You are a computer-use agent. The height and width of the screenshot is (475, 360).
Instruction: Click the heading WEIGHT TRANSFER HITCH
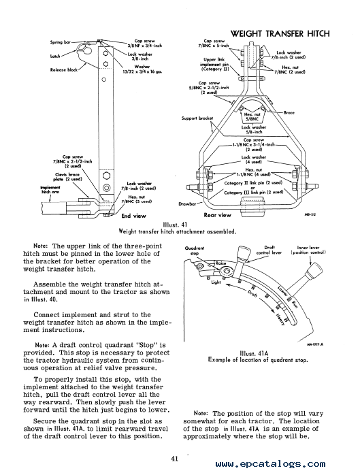[x=280, y=33]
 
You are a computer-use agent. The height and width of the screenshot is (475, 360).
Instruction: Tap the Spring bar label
[x=60, y=42]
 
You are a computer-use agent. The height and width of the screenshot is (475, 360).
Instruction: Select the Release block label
[x=64, y=69]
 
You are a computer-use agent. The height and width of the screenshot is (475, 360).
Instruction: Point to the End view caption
[x=133, y=216]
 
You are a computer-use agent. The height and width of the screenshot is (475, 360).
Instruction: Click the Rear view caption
[x=217, y=215]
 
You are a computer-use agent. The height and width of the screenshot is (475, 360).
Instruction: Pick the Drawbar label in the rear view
[x=187, y=204]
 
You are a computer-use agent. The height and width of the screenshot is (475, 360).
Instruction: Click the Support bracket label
[x=197, y=118]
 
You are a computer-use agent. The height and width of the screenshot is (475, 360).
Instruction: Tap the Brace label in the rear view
[x=289, y=112]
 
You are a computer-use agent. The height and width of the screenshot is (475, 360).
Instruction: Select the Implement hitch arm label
[x=50, y=190]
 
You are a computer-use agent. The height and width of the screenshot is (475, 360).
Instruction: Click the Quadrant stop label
[x=195, y=251]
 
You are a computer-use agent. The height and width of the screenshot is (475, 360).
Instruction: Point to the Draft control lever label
[x=269, y=250]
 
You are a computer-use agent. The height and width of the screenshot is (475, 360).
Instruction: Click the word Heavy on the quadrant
[x=280, y=318]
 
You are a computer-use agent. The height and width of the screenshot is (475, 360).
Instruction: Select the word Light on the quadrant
[x=216, y=282]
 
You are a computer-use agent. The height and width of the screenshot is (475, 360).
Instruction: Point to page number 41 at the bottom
[x=174, y=459]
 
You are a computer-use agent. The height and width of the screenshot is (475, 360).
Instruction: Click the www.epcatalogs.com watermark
[x=271, y=464]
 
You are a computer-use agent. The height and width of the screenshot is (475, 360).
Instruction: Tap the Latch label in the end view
[x=55, y=56]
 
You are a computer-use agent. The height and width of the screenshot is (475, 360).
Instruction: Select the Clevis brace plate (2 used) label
[x=67, y=177]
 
